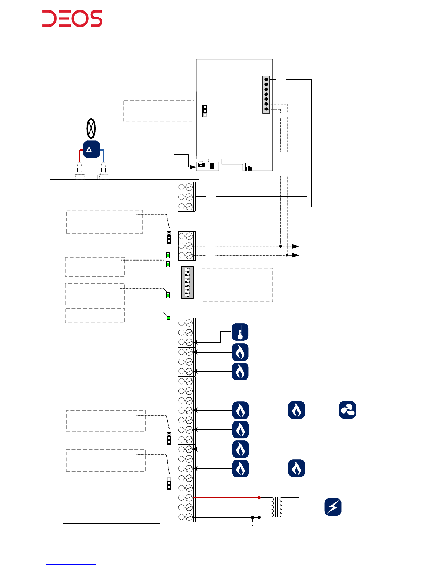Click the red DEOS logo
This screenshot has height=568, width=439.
pyautogui.click(x=72, y=19)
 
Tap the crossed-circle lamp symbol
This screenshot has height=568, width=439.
pyautogui.click(x=91, y=128)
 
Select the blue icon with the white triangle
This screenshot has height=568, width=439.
pyautogui.click(x=91, y=149)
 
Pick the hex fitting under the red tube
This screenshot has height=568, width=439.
pyautogui.click(x=79, y=176)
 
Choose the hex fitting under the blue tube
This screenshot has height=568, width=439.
pyautogui.click(x=103, y=176)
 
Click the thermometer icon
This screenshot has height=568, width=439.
pyautogui.click(x=240, y=332)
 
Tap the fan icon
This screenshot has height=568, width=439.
pyautogui.click(x=347, y=410)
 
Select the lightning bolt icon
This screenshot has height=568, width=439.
pyautogui.click(x=333, y=507)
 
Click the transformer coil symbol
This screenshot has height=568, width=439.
pyautogui.click(x=277, y=507)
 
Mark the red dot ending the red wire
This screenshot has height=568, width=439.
pyautogui.click(x=259, y=498)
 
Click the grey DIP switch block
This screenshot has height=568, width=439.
pyautogui.click(x=187, y=282)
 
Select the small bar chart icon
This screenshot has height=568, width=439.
pyautogui.click(x=249, y=167)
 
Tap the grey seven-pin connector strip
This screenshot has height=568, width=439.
pyautogui.click(x=266, y=94)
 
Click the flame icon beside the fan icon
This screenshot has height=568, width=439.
pyautogui.click(x=296, y=410)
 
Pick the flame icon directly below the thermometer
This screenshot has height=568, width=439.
pyautogui.click(x=240, y=352)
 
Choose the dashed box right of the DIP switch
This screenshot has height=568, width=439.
pyautogui.click(x=237, y=285)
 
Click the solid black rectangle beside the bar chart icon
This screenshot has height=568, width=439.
pyautogui.click(x=213, y=166)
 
